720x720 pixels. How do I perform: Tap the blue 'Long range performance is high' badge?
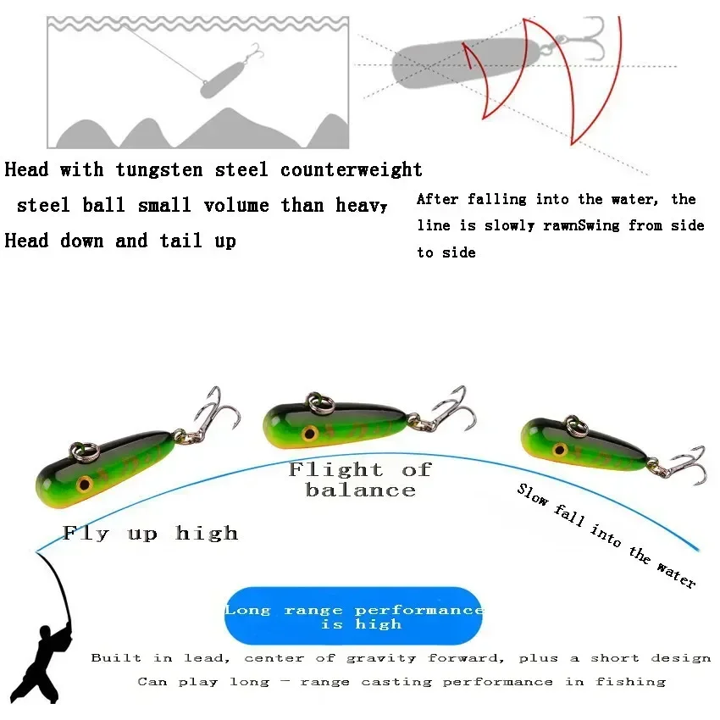click(x=353, y=617)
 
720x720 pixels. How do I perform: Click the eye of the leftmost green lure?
click(x=85, y=485)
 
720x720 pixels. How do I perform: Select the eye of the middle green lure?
click(x=310, y=433)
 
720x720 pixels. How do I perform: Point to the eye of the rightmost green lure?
click(x=559, y=448)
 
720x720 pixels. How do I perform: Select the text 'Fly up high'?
click(x=150, y=533)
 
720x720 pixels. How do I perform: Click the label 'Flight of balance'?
click(x=360, y=479)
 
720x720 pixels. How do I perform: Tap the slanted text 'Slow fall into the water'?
click(x=606, y=535)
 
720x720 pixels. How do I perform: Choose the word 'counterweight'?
click(x=352, y=170)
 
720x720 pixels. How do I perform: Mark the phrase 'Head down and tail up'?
click(x=120, y=241)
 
